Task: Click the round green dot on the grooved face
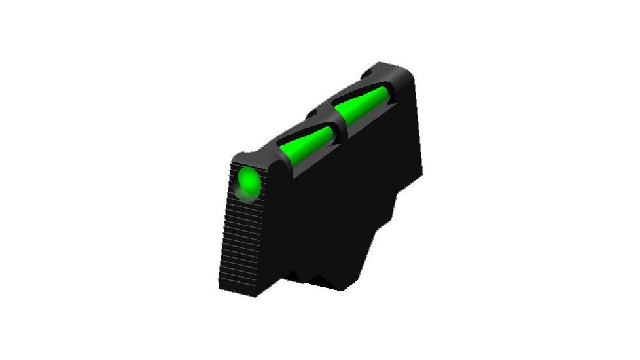point(247,181)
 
